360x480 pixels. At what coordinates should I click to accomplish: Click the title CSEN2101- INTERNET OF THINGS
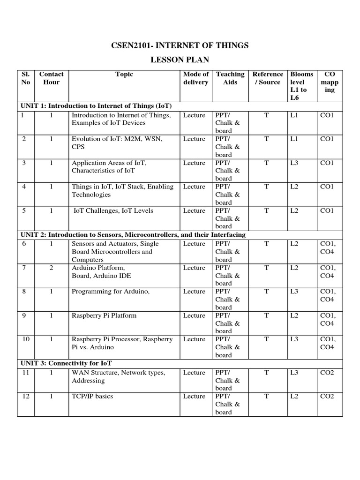pos(180,45)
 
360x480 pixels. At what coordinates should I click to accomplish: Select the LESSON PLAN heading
pos(180,60)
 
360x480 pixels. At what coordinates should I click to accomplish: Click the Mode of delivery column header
pos(195,78)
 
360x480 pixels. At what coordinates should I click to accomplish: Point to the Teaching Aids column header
pos(230,78)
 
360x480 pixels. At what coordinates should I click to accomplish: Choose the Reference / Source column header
pos(267,78)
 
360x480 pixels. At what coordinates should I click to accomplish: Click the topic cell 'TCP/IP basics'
pos(92,397)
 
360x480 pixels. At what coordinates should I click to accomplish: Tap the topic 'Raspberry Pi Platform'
pos(104,315)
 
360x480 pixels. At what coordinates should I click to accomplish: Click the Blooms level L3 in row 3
pos(294,163)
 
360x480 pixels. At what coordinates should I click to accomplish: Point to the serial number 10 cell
pos(26,339)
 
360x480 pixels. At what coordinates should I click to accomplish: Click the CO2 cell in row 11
pos(327,373)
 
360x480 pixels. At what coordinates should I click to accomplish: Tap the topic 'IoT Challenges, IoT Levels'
pos(113,211)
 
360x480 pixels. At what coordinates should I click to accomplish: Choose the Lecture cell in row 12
pos(194,397)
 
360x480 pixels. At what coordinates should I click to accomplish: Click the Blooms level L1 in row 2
pos(294,139)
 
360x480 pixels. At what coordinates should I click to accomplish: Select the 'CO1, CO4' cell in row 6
pos(327,247)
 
